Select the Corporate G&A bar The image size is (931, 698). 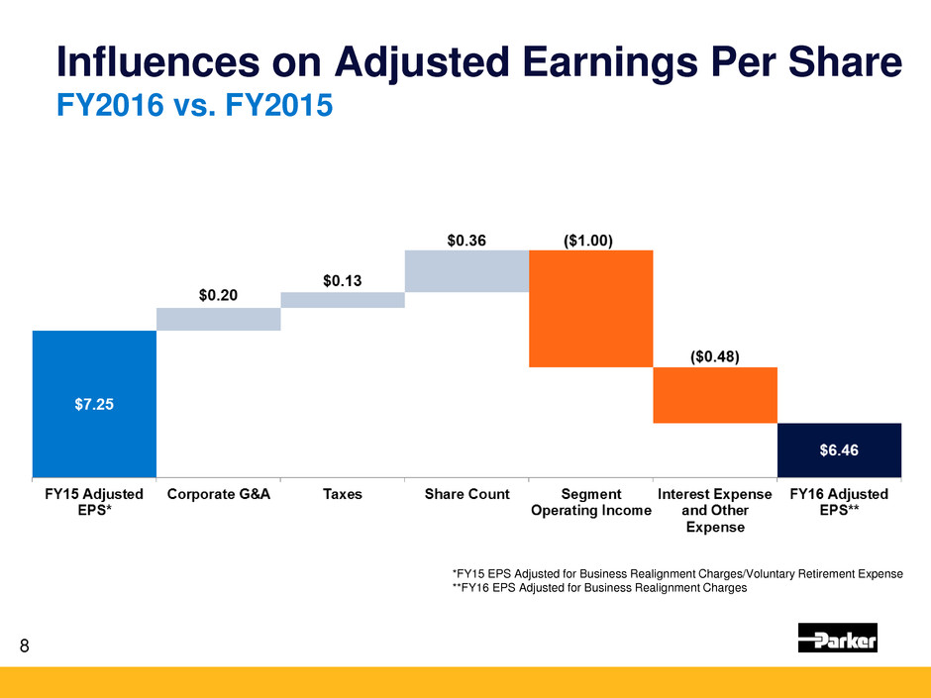pos(219,319)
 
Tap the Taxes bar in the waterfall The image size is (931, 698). pos(343,300)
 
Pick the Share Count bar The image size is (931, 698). pos(466,270)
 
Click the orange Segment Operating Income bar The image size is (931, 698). pos(590,308)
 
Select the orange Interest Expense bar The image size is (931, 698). pos(715,395)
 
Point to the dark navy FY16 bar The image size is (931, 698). pos(839,449)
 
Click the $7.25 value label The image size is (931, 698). pos(94,404)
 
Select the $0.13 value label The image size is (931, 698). pos(343,280)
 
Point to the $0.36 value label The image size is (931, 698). pos(466,238)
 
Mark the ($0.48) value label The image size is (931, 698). pos(715,354)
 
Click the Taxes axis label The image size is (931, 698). pos(343,493)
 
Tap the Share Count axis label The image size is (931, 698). pos(466,493)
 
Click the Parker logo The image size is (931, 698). pos(838,639)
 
